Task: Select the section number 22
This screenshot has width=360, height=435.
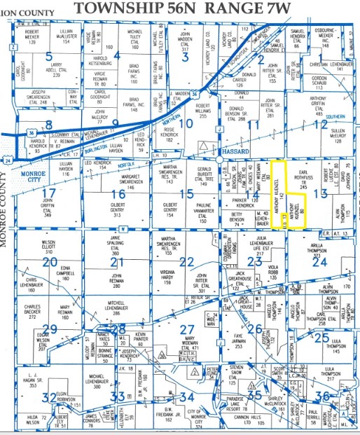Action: pos(186,262)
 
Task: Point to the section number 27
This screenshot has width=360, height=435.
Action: pos(186,330)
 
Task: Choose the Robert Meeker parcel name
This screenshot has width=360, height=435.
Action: pos(32,36)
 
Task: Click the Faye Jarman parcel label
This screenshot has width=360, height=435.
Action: pos(236,339)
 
